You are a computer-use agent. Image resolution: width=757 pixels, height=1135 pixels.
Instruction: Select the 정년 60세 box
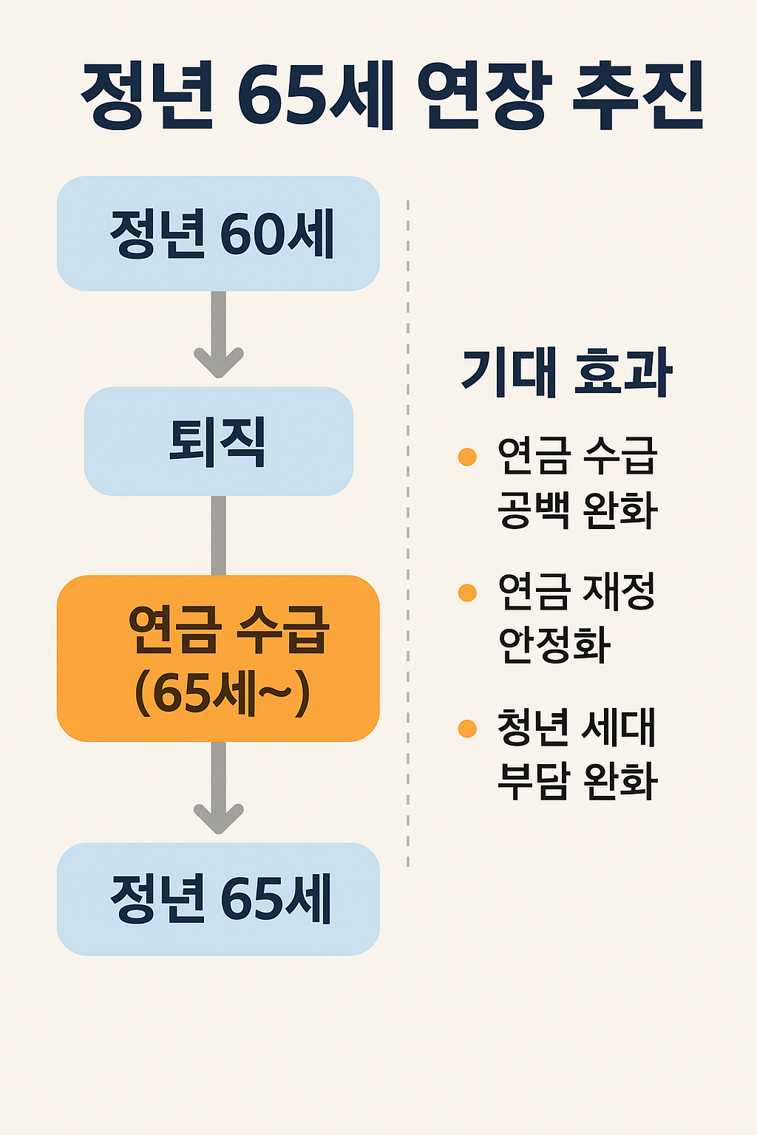pyautogui.click(x=218, y=234)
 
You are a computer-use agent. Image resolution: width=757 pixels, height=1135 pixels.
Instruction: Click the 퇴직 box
pyautogui.click(x=218, y=441)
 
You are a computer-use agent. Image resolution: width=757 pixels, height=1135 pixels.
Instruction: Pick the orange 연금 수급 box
pyautogui.click(x=218, y=658)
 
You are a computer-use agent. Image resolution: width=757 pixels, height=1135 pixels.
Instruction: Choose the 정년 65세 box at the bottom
pyautogui.click(x=218, y=899)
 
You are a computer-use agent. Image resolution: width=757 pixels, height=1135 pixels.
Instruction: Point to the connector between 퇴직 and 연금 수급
pyautogui.click(x=218, y=535)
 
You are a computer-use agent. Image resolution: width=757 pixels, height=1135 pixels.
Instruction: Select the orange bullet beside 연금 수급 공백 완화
pyautogui.click(x=467, y=457)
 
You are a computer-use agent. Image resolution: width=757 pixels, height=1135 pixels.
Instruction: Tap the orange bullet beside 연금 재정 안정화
pyautogui.click(x=467, y=593)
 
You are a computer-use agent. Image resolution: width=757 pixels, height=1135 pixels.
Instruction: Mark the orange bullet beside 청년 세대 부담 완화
pyautogui.click(x=467, y=729)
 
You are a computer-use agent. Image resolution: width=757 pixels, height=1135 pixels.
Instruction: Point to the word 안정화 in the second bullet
pyautogui.click(x=554, y=645)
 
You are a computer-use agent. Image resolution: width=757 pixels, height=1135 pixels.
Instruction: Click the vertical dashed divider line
pyautogui.click(x=408, y=532)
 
